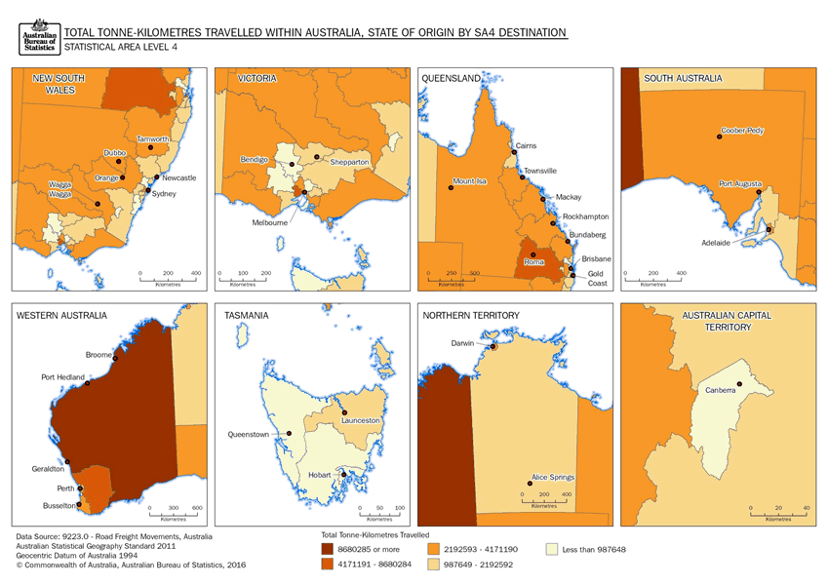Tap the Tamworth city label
tap(153, 139)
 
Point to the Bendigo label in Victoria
tap(255, 159)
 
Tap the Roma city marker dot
tap(533, 254)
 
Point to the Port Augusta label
tap(740, 183)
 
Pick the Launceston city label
tap(360, 420)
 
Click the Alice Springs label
tap(552, 478)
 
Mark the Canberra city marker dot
tap(740, 383)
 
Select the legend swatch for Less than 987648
tap(553, 550)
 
